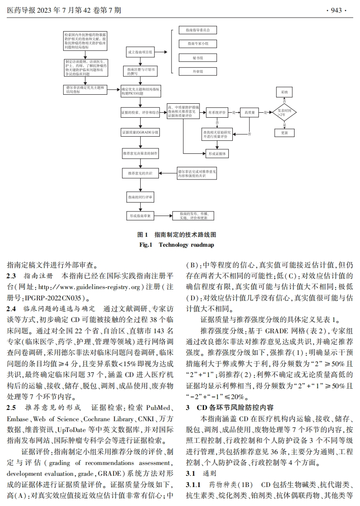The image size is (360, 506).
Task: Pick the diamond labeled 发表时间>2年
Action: pyautogui.click(x=284, y=112)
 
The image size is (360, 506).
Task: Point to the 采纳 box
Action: pyautogui.click(x=284, y=92)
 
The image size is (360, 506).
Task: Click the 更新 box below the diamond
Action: pyautogui.click(x=284, y=133)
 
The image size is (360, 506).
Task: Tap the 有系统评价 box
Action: pyautogui.click(x=217, y=112)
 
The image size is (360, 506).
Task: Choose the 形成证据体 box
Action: pyautogui.click(x=217, y=153)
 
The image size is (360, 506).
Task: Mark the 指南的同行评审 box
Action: pyautogui.click(x=140, y=197)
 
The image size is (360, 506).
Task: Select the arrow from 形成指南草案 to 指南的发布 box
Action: pyautogui.click(x=163, y=216)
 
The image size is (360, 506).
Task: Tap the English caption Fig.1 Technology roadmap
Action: pyautogui.click(x=179, y=244)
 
